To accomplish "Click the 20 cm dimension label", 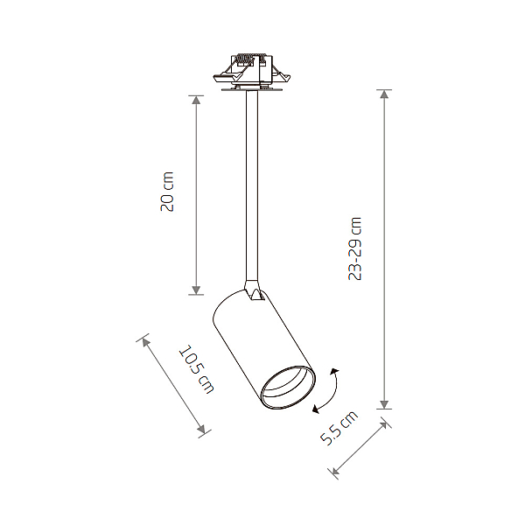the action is pyautogui.click(x=167, y=192).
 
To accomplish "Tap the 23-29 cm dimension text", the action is pyautogui.click(x=355, y=248).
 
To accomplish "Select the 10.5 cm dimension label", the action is pyautogui.click(x=197, y=369).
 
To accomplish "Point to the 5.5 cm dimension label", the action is pyautogui.click(x=339, y=428).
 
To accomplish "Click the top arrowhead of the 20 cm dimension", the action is pyautogui.click(x=196, y=100).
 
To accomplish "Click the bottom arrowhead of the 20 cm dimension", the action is pyautogui.click(x=196, y=290).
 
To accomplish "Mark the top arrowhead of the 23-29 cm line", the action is pyautogui.click(x=384, y=94).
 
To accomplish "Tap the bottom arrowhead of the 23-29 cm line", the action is pyautogui.click(x=384, y=404).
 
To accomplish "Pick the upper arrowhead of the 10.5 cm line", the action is pyautogui.click(x=145, y=342).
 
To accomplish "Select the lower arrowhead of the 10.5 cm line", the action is pyautogui.click(x=201, y=429).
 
